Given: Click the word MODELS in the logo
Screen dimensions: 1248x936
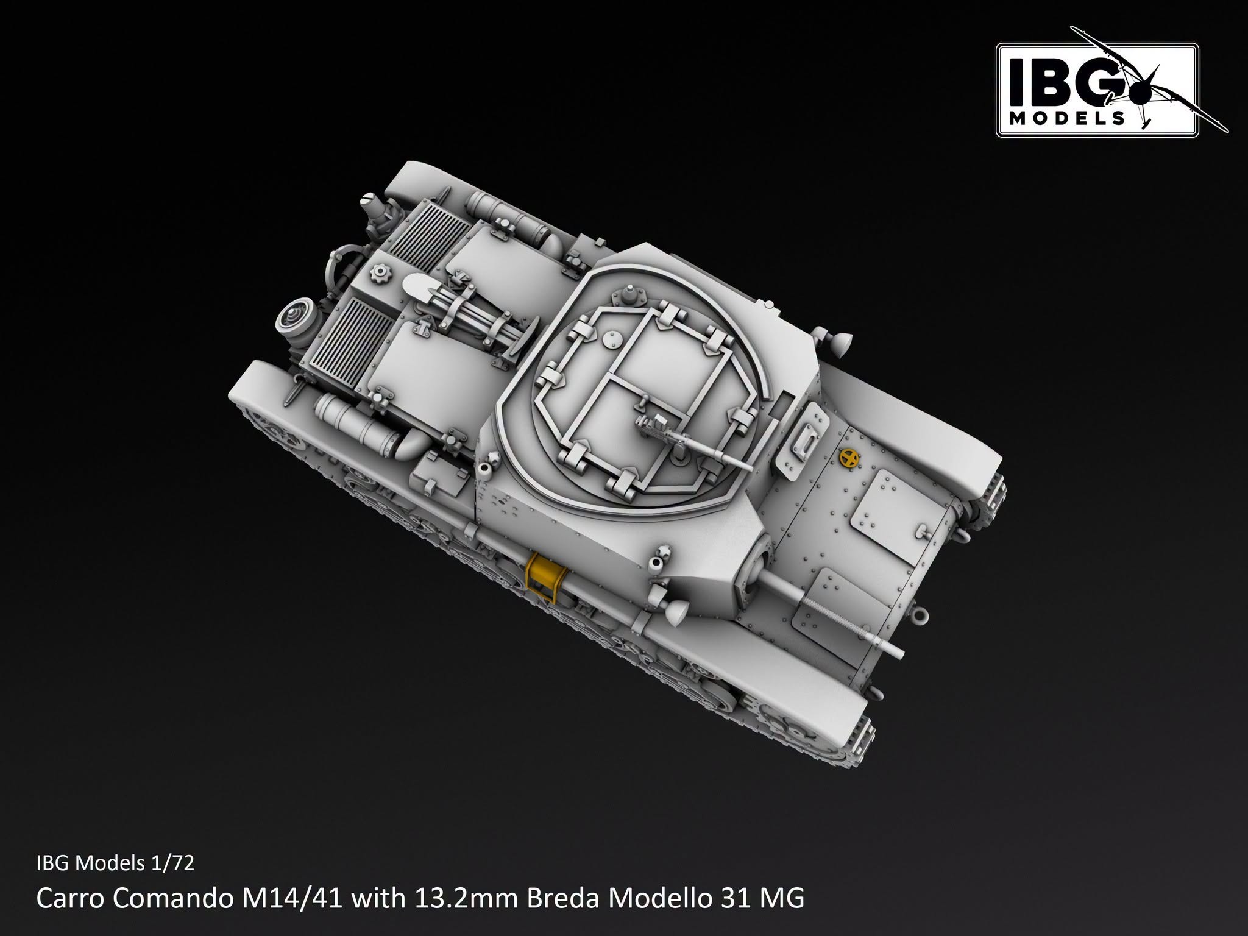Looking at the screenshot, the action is (1066, 117).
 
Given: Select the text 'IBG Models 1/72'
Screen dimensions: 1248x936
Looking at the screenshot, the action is (115, 863).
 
